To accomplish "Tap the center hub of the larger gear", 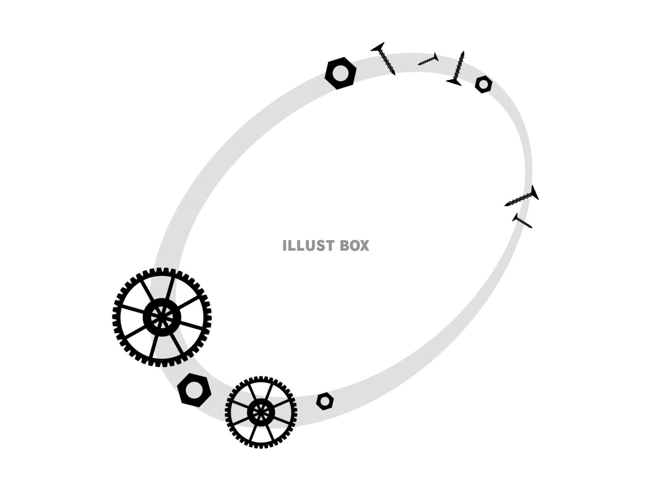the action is coord(161,318).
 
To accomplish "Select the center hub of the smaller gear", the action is coord(261,412).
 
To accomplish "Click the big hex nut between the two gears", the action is coord(194,390).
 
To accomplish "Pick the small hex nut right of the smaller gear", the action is coord(325,401).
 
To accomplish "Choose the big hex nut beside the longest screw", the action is coord(340,73).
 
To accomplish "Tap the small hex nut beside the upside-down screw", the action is coord(483,84).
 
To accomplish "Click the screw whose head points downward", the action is coord(456,69).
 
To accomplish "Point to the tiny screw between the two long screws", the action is coord(428,59).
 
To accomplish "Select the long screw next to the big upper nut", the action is coord(383,59).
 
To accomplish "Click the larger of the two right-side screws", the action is coord(522,196).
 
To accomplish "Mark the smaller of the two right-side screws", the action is coord(522,220).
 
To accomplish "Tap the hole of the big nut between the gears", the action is coord(194,390).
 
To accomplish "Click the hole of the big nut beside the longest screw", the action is coord(340,73).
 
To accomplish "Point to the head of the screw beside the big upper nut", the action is coord(378,47).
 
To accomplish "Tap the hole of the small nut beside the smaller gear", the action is coord(325,401).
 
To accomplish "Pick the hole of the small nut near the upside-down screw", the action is coord(483,84).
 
